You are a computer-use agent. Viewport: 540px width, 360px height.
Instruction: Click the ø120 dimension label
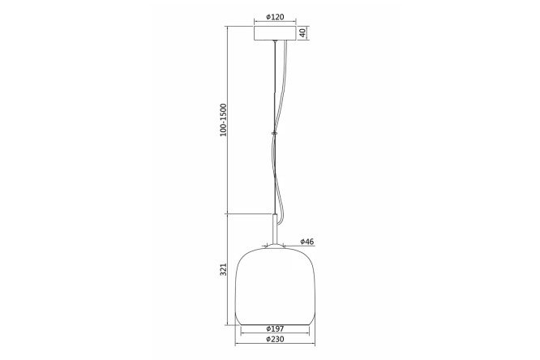275,16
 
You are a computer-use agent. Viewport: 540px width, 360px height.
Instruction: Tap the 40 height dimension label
302,32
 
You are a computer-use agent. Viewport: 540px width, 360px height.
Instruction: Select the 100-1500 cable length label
224,119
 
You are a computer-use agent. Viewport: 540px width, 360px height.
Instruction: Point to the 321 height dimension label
224,269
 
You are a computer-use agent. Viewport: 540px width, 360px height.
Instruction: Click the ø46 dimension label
306,242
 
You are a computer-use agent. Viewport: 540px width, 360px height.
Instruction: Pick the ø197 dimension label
275,328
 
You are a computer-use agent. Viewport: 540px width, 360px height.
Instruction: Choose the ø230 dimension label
275,340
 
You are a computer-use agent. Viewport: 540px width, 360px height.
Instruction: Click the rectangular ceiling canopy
275,33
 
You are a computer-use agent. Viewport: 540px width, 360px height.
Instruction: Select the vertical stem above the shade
275,229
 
